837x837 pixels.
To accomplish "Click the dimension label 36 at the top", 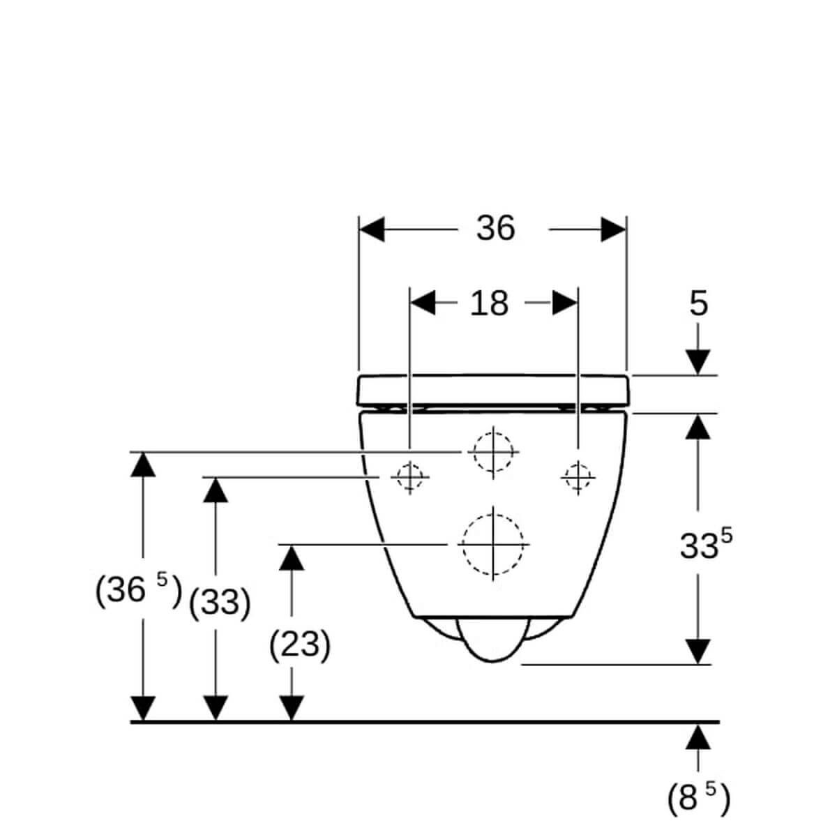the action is coord(495,229).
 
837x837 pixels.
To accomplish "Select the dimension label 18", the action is coord(489,303).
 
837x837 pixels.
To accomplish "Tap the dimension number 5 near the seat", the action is coord(698,303).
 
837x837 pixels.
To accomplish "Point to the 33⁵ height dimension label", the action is coord(705,544).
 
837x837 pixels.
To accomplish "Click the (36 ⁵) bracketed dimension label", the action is coord(138,590).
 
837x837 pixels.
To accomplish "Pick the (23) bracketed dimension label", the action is coord(300,644).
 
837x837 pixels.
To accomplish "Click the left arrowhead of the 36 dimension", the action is coord(371,229).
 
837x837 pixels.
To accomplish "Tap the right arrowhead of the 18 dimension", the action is coord(565,303).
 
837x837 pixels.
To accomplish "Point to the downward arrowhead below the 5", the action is coord(698,362).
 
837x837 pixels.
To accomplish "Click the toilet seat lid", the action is coord(492,390).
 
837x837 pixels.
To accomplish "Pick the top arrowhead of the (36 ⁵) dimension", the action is coord(143,465).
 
